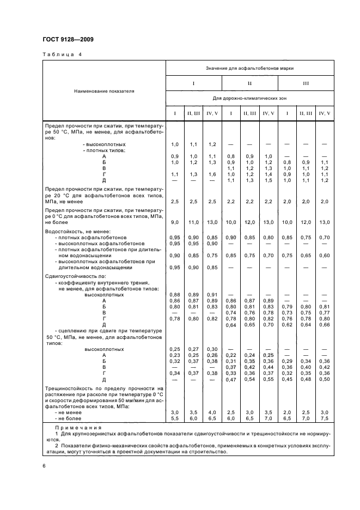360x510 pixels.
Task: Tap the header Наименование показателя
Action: pos(105,91)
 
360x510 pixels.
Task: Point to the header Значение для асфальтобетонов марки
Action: pos(249,68)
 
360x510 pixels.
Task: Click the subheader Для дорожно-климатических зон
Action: pos(249,99)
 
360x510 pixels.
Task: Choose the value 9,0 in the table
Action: pos(175,222)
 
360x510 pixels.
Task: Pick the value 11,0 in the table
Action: pos(193,222)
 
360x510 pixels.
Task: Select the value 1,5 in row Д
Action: pos(268,180)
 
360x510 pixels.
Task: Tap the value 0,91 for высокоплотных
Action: pos(212,295)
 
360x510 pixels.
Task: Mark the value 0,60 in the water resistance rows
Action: pos(325,255)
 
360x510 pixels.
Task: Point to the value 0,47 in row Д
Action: pos(231,380)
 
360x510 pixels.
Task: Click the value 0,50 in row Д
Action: pos(325,380)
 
